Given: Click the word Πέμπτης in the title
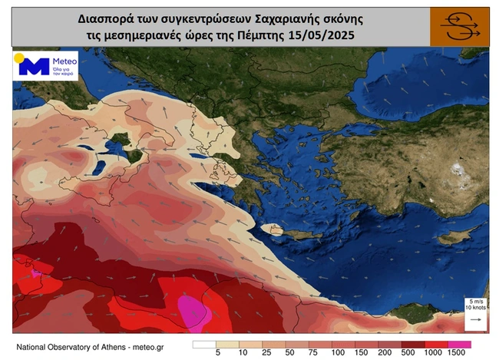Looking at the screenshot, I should click(277, 35).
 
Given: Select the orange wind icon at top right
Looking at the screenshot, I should click(458, 27).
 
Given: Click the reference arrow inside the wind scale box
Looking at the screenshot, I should click(474, 319).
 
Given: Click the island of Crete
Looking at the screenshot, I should click(279, 229).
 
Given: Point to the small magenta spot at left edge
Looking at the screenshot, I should click(35, 272).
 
